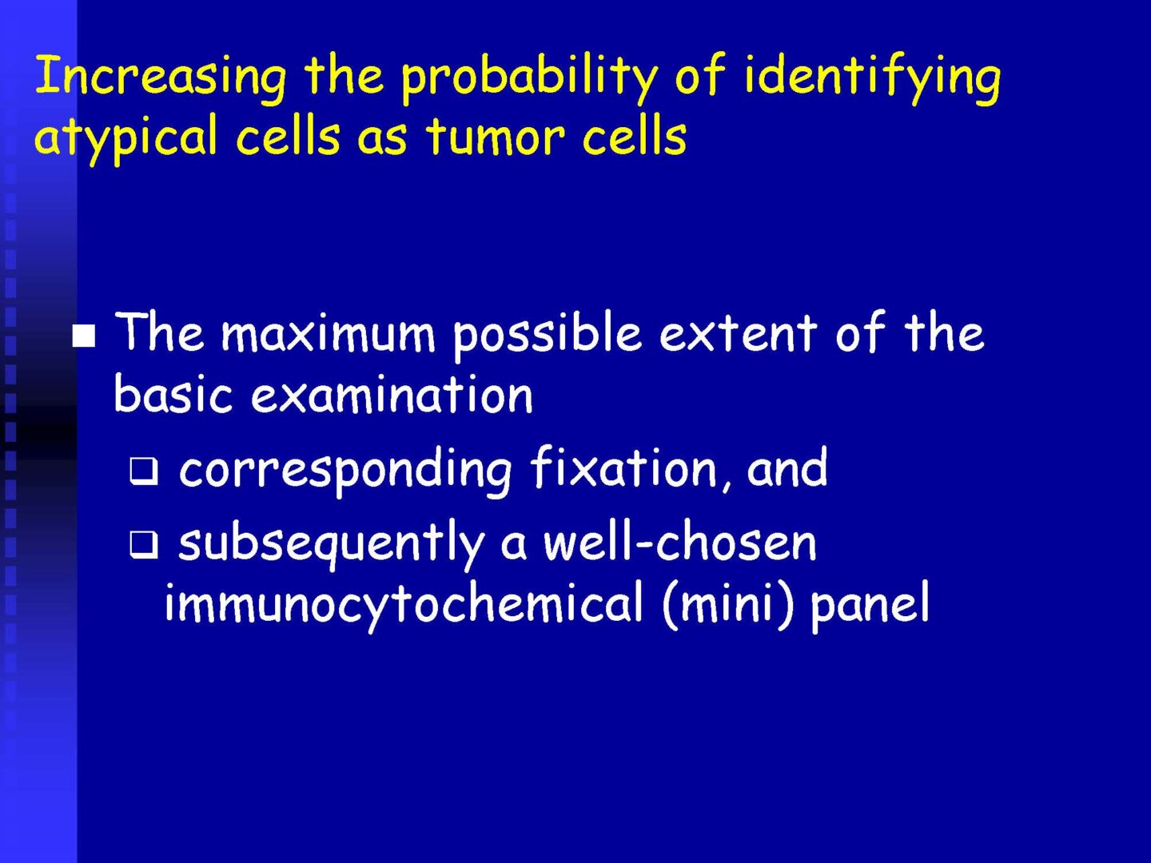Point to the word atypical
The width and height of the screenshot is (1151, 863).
125,138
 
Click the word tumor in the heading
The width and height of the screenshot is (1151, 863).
496,136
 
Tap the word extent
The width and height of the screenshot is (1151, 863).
738,336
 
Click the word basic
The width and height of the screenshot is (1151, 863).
173,393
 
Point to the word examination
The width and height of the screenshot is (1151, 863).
392,393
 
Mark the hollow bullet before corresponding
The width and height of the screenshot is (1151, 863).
143,470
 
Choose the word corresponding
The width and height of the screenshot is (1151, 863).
345,470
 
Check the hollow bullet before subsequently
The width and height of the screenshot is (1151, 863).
143,545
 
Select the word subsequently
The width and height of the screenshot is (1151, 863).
331,546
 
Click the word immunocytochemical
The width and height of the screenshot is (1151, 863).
404,603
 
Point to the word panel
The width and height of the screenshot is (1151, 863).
870,605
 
